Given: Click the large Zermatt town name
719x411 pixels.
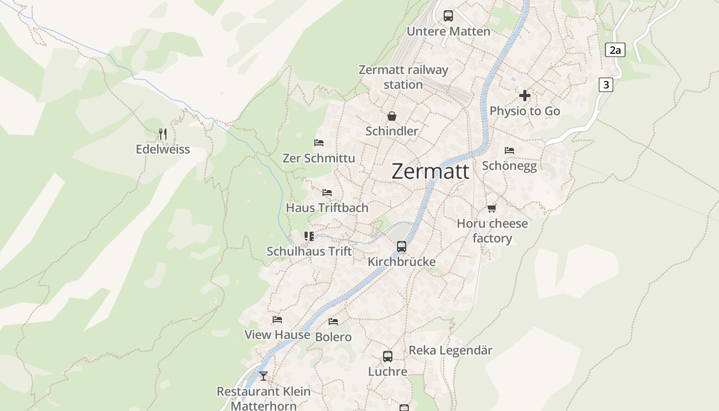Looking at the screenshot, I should pyautogui.click(x=430, y=171).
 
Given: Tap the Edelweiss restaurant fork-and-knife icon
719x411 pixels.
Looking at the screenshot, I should pyautogui.click(x=163, y=134).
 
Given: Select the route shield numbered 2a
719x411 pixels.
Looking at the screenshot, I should pyautogui.click(x=615, y=50).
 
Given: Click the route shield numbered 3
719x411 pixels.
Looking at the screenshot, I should pyautogui.click(x=606, y=84).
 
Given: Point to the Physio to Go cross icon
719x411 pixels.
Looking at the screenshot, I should pyautogui.click(x=524, y=96).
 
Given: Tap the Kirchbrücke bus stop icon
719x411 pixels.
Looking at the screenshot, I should pyautogui.click(x=402, y=247).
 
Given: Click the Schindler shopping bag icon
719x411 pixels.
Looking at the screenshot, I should pyautogui.click(x=392, y=116).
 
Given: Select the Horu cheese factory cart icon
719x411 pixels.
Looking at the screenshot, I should pyautogui.click(x=492, y=208).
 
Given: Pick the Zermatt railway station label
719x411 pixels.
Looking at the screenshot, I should pyautogui.click(x=403, y=77).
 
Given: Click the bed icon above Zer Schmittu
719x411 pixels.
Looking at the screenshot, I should pyautogui.click(x=319, y=142).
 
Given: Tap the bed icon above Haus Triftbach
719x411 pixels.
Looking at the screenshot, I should pyautogui.click(x=327, y=193).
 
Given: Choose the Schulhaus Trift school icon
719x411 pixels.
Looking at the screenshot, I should pyautogui.click(x=309, y=236).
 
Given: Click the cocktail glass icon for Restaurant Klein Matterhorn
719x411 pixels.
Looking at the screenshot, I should pyautogui.click(x=263, y=376).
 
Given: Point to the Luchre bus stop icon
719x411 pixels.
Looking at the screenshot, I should pyautogui.click(x=388, y=356).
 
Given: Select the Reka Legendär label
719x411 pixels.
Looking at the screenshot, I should pyautogui.click(x=450, y=350).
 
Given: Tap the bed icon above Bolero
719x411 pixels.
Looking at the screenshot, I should pyautogui.click(x=333, y=322).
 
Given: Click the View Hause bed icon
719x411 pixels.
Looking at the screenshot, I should pyautogui.click(x=277, y=320).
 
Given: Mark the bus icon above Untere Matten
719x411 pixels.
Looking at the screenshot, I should pyautogui.click(x=448, y=15).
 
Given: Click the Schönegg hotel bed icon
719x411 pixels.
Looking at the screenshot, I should pyautogui.click(x=509, y=150).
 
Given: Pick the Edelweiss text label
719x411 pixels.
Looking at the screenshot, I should pyautogui.click(x=163, y=150).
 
